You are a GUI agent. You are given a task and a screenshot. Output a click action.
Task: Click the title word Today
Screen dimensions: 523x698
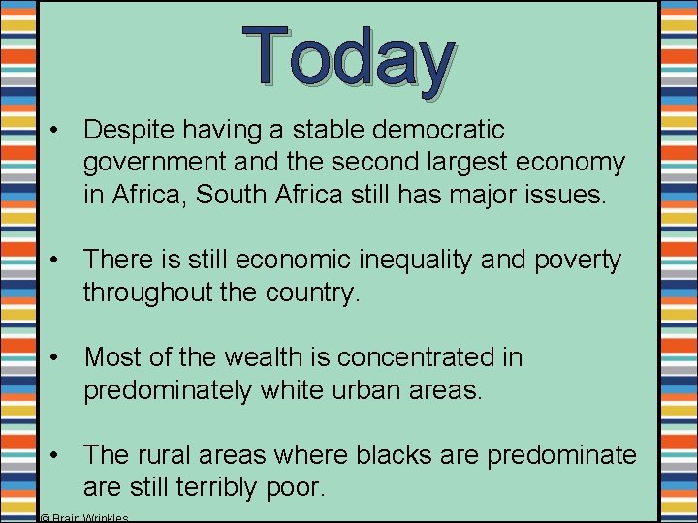coord(349,55)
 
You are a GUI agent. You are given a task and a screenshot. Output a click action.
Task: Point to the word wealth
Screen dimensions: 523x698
coord(265,356)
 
